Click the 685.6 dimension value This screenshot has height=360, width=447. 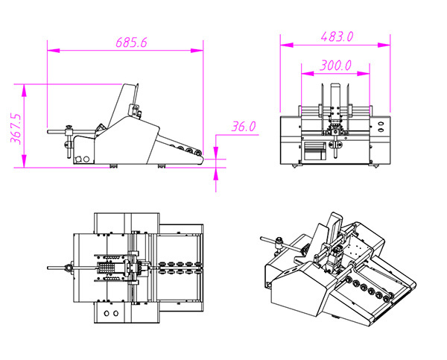[x=132, y=42]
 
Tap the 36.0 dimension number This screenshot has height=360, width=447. [x=244, y=127]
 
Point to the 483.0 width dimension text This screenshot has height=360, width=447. [x=337, y=36]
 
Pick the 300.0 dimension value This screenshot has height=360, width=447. [x=336, y=65]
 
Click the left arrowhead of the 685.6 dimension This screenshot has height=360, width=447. [x=49, y=51]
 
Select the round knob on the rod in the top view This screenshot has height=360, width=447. [x=69, y=268]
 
